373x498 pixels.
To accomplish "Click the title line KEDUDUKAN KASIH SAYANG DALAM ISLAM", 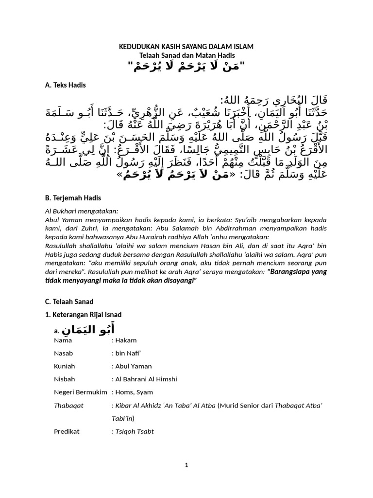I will click(186, 47).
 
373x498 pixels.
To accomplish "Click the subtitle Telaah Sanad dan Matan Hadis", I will click(186, 55).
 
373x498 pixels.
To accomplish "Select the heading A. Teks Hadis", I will click(65, 85).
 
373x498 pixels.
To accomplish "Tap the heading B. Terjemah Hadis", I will click(73, 198).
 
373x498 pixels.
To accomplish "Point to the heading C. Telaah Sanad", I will click(69, 302).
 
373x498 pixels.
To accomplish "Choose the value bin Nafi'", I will click(127, 354).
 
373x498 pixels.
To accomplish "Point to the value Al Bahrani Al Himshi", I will click(146, 379).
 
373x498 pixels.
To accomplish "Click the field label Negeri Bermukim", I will click(80, 392).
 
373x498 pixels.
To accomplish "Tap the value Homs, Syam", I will click(133, 392).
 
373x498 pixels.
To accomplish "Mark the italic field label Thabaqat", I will click(68, 405).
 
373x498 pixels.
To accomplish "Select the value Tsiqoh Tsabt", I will click(134, 431).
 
